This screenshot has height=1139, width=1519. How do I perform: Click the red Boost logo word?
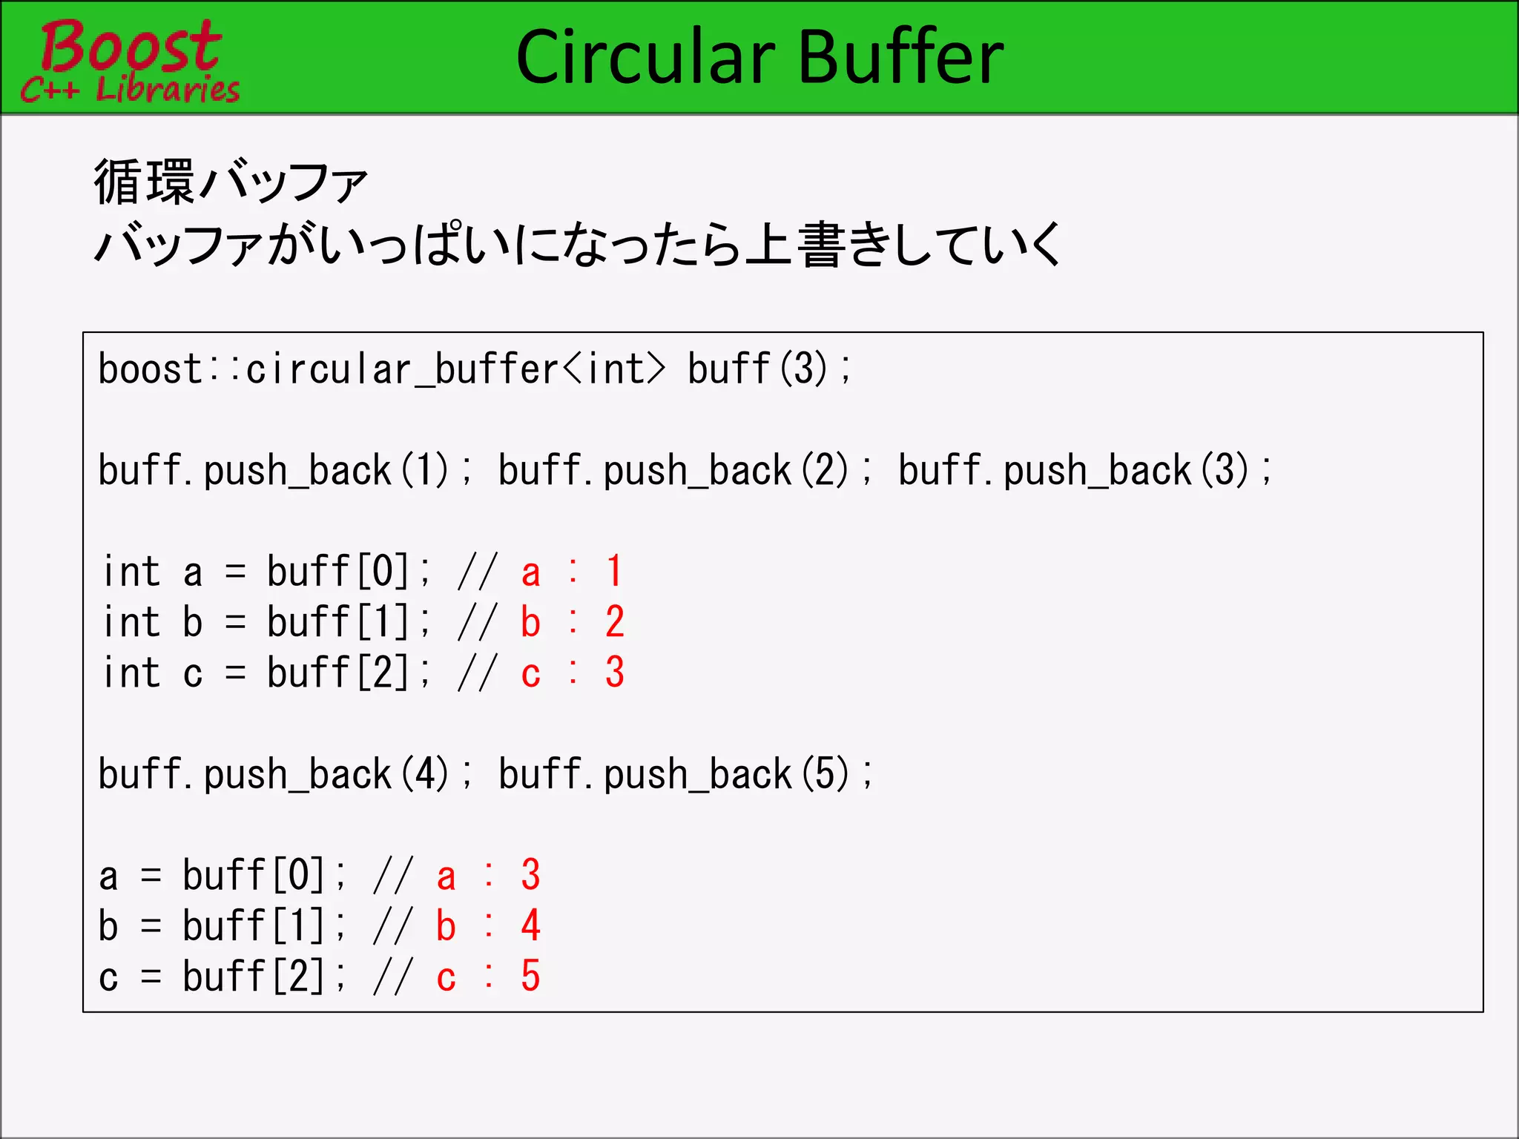click(x=130, y=46)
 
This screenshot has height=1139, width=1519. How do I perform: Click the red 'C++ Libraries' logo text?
click(x=130, y=90)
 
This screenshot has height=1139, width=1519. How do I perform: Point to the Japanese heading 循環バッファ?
click(x=231, y=182)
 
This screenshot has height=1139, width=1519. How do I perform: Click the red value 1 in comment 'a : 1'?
click(x=614, y=572)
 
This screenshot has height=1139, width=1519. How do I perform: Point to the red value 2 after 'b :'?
click(x=614, y=622)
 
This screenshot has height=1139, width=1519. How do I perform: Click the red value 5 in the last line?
click(x=530, y=977)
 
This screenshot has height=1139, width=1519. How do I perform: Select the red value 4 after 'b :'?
click(x=530, y=926)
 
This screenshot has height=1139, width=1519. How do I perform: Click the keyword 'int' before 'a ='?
click(x=132, y=572)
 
